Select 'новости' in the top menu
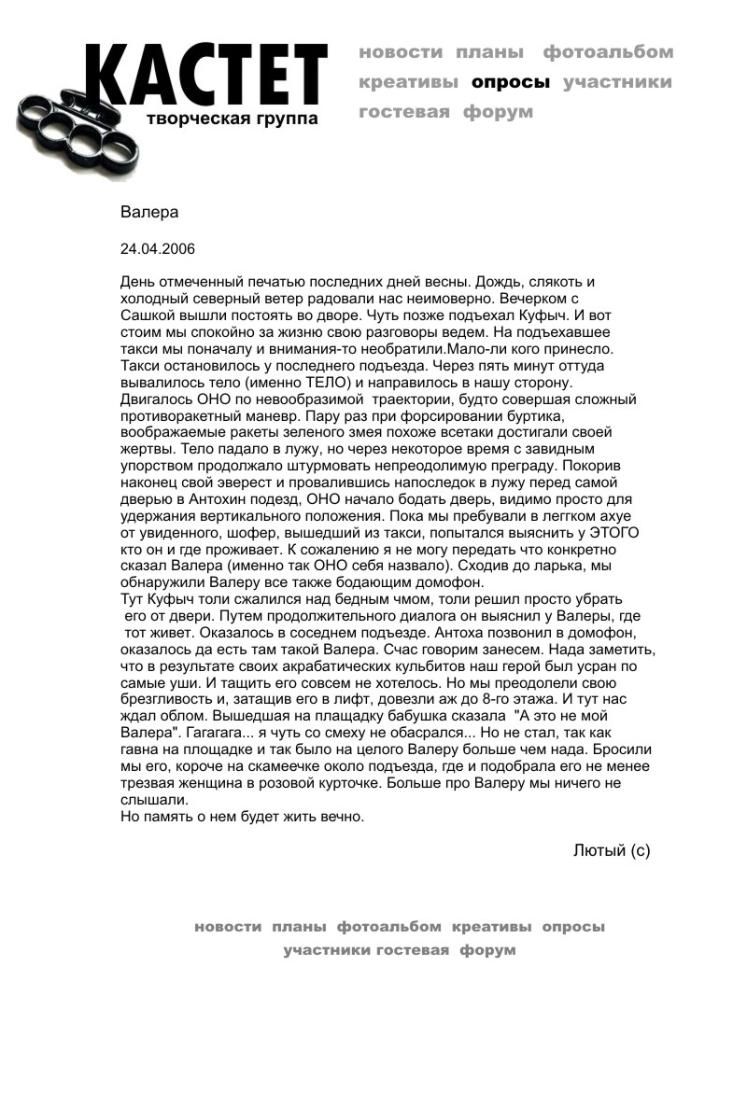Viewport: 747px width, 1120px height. tap(401, 52)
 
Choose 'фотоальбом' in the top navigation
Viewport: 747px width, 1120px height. tap(608, 52)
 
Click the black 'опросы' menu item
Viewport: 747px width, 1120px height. tap(511, 82)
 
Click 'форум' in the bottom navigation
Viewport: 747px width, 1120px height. tap(487, 950)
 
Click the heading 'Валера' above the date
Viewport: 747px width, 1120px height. tap(149, 212)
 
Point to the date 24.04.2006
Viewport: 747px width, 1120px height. tap(158, 249)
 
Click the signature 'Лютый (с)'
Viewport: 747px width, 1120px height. tap(612, 849)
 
